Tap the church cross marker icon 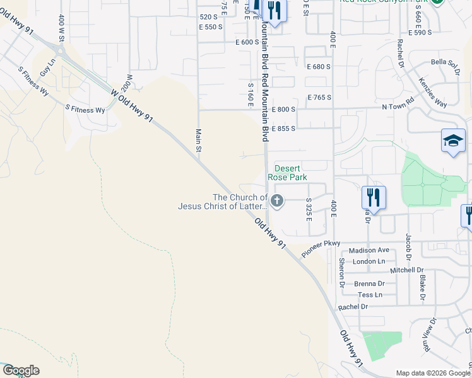[277, 201]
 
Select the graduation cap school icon [453, 141]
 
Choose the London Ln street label [369, 261]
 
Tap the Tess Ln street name [370, 294]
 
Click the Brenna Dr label [369, 283]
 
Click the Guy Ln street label [47, 67]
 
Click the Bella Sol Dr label [444, 66]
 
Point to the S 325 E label [309, 209]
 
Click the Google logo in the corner [20, 370]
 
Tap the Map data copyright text [433, 373]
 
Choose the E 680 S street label [319, 67]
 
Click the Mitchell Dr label [407, 270]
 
